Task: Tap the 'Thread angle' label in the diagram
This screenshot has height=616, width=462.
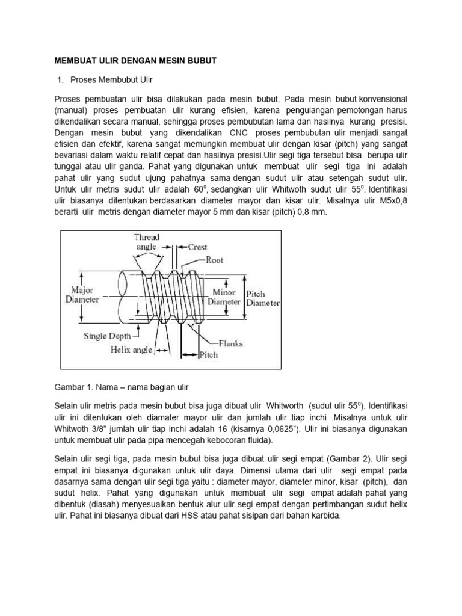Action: click(x=146, y=242)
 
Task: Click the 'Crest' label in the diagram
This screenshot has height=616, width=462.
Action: click(x=197, y=247)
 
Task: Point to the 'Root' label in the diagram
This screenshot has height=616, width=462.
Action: click(x=214, y=260)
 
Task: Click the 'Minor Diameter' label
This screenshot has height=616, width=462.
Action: click(x=224, y=297)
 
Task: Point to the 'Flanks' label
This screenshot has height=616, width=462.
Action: click(x=231, y=344)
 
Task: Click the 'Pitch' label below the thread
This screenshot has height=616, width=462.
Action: click(x=208, y=356)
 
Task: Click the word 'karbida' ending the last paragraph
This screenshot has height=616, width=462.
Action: click(x=325, y=516)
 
